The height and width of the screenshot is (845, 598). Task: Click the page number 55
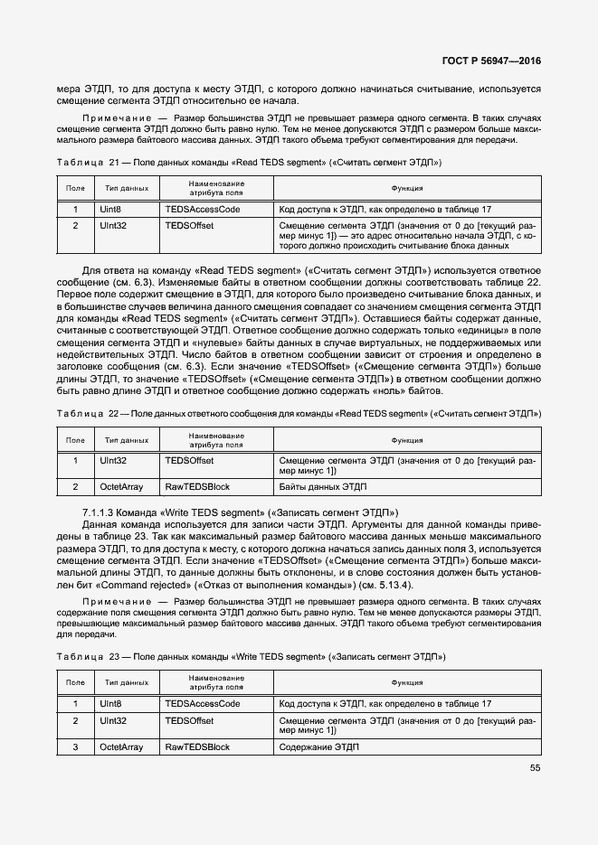click(x=535, y=767)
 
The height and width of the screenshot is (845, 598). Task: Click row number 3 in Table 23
click(x=76, y=746)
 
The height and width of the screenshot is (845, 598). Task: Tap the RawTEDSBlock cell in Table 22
click(x=196, y=486)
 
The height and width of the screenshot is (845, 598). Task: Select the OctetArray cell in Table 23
click(x=121, y=746)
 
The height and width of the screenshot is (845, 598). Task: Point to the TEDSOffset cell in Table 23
click(x=189, y=720)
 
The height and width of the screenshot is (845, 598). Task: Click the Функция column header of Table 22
click(x=406, y=440)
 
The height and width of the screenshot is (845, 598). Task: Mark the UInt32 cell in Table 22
click(x=113, y=460)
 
